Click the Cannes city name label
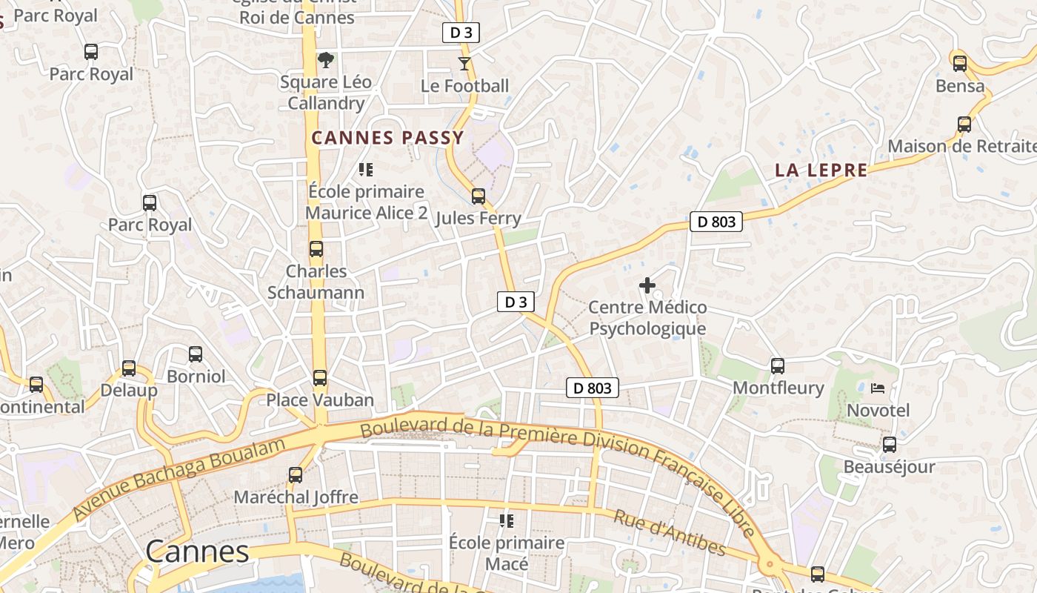197,551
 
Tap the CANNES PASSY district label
387,138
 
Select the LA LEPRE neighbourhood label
821,170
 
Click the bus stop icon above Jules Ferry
479,196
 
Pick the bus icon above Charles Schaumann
316,249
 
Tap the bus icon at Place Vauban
320,378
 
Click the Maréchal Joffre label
296,497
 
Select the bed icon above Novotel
878,388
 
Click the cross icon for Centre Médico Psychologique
647,285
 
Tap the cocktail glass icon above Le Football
464,64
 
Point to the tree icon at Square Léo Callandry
325,60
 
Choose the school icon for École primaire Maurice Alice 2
365,170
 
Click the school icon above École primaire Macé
507,521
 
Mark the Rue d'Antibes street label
669,533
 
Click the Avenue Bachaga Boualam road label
179,479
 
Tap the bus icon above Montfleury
778,365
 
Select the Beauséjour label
889,467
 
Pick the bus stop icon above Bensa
960,64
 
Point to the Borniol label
196,377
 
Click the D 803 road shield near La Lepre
716,222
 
